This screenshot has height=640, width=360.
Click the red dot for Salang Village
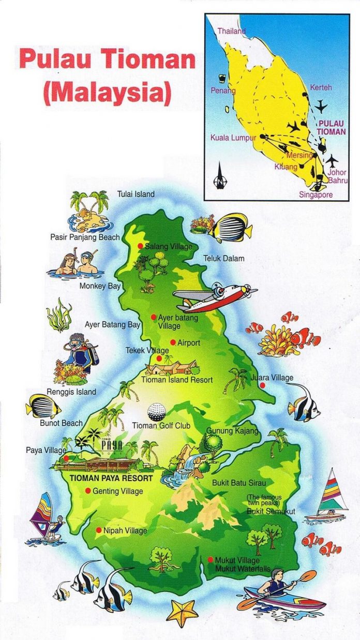(140, 246)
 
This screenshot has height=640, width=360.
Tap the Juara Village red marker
(263, 385)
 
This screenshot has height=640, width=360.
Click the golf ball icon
(157, 412)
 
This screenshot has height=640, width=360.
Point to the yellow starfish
(182, 613)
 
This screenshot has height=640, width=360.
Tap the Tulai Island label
(136, 194)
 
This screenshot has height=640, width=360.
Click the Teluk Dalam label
(223, 258)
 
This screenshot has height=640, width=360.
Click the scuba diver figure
(80, 353)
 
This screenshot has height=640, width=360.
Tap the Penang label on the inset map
(223, 91)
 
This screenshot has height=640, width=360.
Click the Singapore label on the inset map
(316, 195)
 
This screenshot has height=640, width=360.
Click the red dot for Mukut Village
(211, 560)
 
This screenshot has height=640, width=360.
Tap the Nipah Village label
(125, 530)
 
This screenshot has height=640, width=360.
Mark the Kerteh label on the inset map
(321, 87)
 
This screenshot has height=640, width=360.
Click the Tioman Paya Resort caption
(111, 479)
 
